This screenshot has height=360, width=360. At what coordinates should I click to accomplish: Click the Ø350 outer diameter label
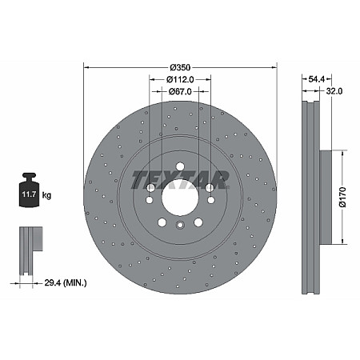point(180,67)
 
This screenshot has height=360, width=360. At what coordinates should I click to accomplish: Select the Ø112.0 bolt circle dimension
point(180,80)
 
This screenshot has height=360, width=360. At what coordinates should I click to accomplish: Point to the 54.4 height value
point(316,79)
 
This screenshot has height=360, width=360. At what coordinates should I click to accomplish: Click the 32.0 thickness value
point(334,92)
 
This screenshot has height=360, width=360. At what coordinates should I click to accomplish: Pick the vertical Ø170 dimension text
point(342,196)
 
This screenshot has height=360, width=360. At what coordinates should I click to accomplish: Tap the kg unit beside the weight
point(47,194)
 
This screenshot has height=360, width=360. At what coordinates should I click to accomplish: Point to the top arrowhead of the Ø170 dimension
point(342,150)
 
